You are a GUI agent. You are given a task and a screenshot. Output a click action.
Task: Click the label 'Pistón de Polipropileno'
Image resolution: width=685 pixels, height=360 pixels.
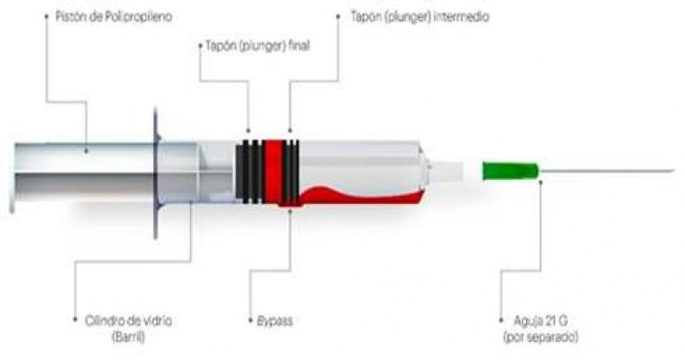tap(113, 17)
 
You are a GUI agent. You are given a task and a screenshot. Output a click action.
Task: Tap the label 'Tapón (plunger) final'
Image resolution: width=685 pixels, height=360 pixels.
tap(258, 46)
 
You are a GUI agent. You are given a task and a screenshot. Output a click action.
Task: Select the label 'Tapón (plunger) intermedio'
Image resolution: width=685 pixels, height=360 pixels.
tap(420, 17)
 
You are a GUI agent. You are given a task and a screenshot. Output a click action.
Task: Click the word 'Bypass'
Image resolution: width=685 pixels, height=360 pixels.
tap(274, 321)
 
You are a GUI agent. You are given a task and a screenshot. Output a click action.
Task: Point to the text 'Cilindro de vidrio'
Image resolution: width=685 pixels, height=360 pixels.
tap(129, 321)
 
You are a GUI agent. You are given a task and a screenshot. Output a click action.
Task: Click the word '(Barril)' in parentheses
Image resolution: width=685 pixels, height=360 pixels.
tap(129, 337)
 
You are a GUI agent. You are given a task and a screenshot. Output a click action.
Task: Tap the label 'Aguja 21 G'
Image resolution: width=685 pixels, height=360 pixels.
tap(541, 321)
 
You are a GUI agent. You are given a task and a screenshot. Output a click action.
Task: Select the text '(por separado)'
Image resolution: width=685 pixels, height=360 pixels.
tap(541, 337)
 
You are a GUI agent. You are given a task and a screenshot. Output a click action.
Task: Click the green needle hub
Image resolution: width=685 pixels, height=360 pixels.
tap(510, 171)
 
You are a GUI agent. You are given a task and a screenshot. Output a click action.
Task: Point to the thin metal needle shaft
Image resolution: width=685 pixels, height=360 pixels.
tap(606, 171)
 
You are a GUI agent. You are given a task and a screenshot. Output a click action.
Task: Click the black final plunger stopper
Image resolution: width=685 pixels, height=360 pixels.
tap(250, 171)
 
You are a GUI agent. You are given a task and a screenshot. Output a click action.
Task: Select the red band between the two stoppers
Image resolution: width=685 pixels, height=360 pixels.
tap(273, 171)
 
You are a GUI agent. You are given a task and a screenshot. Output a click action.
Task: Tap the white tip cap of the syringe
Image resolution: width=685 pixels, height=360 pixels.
tap(446, 171)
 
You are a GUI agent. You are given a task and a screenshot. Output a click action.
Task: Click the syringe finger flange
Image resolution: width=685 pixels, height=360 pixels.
tap(155, 174)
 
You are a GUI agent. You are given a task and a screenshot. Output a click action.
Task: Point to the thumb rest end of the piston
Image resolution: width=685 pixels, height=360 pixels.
tap(12, 178)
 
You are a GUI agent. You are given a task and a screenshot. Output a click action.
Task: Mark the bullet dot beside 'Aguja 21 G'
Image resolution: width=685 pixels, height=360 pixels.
tap(501, 320)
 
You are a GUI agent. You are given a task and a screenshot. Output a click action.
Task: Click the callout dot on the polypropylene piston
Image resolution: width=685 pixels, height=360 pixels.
tap(86, 151)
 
